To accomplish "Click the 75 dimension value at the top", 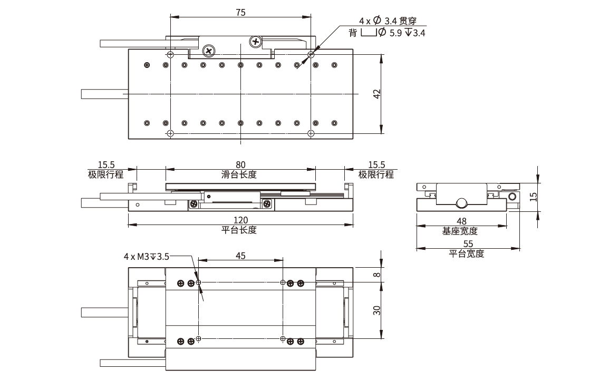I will (x=240, y=12).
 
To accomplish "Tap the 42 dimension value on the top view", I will (x=376, y=94).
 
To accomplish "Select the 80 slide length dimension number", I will (x=240, y=165).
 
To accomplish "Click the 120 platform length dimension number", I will (x=240, y=220).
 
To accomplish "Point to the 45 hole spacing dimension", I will (x=240, y=256).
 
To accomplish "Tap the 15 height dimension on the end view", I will (x=533, y=196).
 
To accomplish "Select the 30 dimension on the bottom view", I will (x=376, y=310).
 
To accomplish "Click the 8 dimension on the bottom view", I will (x=376, y=274).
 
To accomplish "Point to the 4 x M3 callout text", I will (x=147, y=257).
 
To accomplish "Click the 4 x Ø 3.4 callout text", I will (x=388, y=21).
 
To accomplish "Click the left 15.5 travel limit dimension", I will (x=106, y=165).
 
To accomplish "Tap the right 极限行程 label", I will (x=376, y=174).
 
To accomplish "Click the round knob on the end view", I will (x=461, y=203).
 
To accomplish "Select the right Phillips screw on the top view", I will (x=256, y=41).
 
